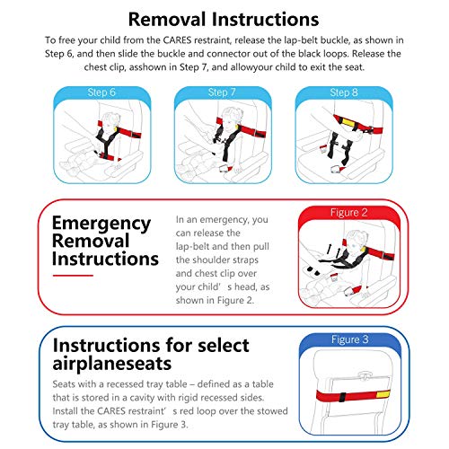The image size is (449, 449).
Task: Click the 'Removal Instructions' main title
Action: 224,18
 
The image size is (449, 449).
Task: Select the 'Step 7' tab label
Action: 224,91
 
